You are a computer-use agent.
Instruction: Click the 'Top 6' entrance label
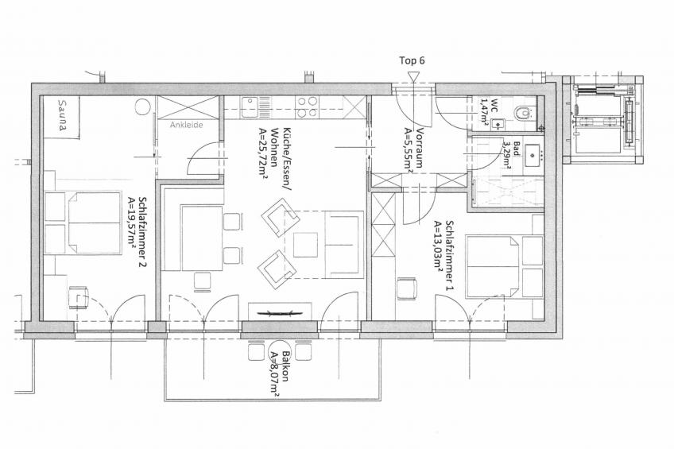tap(412, 60)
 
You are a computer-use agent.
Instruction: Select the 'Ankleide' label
tap(186, 125)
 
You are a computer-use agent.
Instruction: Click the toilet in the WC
tap(524, 113)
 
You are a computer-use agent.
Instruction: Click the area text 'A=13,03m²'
tap(438, 247)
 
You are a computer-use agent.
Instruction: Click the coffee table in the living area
tap(305, 245)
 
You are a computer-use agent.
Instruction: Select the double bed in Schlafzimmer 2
tap(92, 223)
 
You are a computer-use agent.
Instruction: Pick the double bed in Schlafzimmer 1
tap(493, 266)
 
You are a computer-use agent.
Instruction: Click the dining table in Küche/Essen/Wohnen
tap(202, 238)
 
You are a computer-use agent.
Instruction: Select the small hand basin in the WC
tap(498, 125)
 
